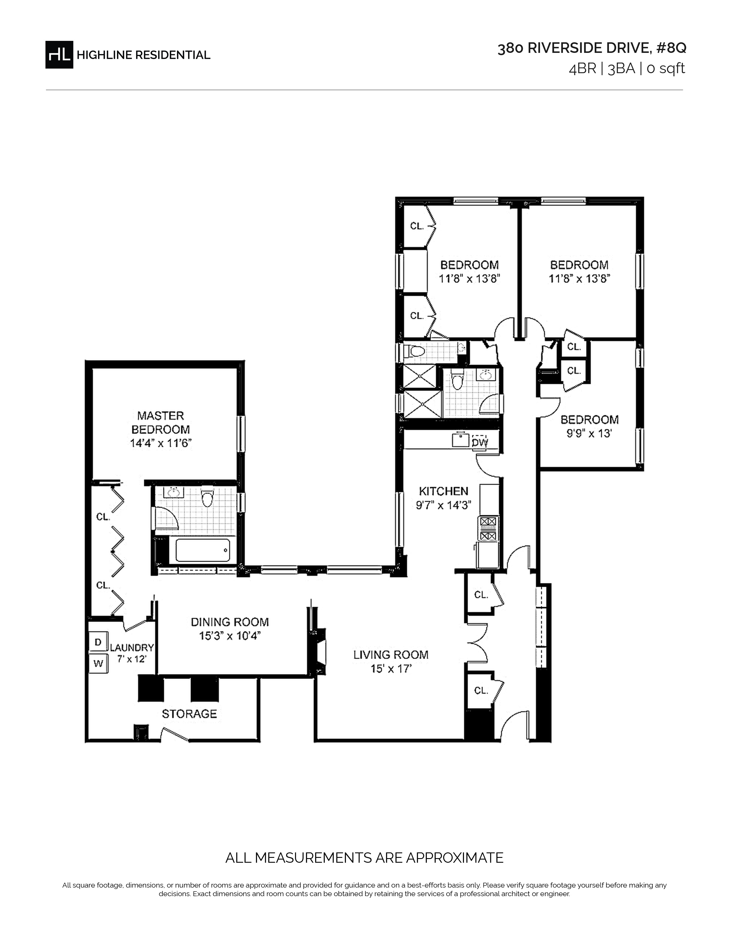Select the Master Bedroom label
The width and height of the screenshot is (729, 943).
click(x=161, y=422)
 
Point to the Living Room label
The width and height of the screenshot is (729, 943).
click(x=391, y=655)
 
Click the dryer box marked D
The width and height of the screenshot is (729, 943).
click(x=98, y=642)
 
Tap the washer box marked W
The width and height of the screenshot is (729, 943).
click(x=98, y=663)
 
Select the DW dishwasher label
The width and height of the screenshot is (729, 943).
click(x=479, y=443)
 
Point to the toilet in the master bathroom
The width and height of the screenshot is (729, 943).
click(x=208, y=497)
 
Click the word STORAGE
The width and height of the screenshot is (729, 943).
click(x=189, y=714)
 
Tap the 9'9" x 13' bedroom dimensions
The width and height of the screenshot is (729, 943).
click(x=589, y=433)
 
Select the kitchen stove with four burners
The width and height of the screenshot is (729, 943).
click(x=488, y=528)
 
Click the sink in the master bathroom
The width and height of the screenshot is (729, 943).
click(x=174, y=492)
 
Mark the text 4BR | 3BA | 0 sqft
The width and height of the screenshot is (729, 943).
click(x=627, y=69)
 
